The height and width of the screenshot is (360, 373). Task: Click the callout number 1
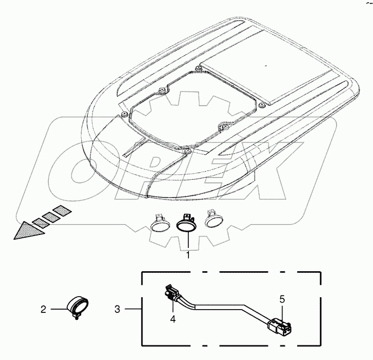click(188, 256)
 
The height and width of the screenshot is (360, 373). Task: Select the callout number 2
click(43, 310)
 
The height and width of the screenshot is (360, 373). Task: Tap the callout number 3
click(117, 309)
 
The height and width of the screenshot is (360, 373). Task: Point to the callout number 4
click(173, 319)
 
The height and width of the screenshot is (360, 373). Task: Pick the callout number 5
click(282, 299)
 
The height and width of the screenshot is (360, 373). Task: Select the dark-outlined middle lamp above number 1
click(186, 224)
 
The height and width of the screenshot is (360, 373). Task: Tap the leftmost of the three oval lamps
click(160, 223)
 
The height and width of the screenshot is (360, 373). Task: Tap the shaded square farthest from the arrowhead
click(62, 211)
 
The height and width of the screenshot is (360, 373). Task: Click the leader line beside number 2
click(59, 309)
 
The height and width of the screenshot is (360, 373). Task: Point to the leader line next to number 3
click(134, 309)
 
